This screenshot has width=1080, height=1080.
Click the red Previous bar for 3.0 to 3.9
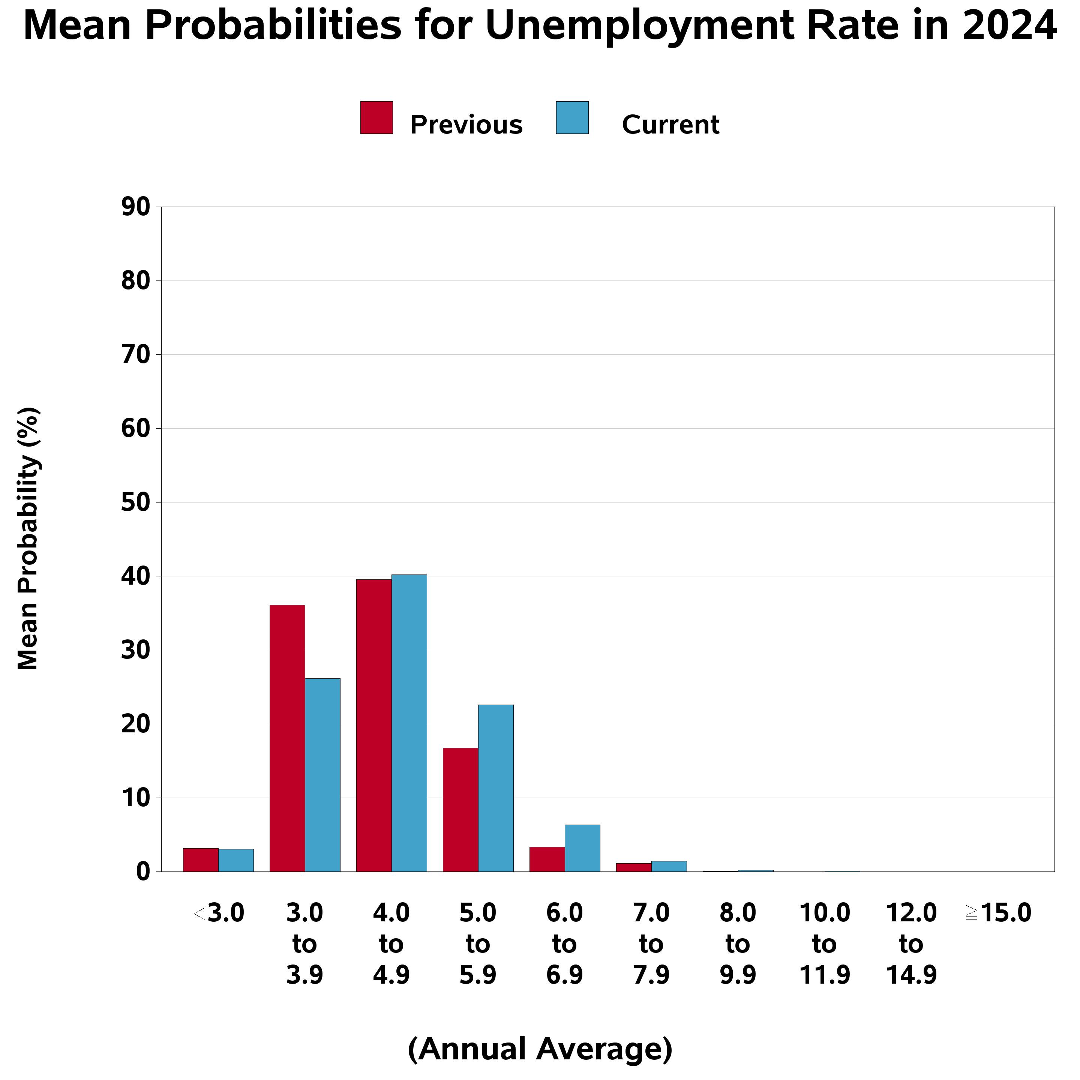pos(287,738)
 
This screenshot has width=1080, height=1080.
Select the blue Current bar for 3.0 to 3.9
pos(322,775)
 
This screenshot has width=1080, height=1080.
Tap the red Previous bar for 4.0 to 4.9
pos(373,725)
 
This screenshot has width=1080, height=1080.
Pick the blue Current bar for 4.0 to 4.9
pos(409,723)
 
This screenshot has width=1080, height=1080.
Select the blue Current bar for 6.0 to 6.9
pos(582,848)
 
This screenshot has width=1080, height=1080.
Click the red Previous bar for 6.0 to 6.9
pos(547,859)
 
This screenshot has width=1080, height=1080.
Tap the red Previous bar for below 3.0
pos(201,860)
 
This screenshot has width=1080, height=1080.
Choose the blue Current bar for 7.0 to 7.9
pos(669,866)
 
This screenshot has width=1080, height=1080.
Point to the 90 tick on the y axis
pos(136,207)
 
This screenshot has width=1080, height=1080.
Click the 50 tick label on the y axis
pos(136,502)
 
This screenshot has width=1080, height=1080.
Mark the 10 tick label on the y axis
pos(136,798)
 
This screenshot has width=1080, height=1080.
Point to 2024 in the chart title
pos(1009,26)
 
